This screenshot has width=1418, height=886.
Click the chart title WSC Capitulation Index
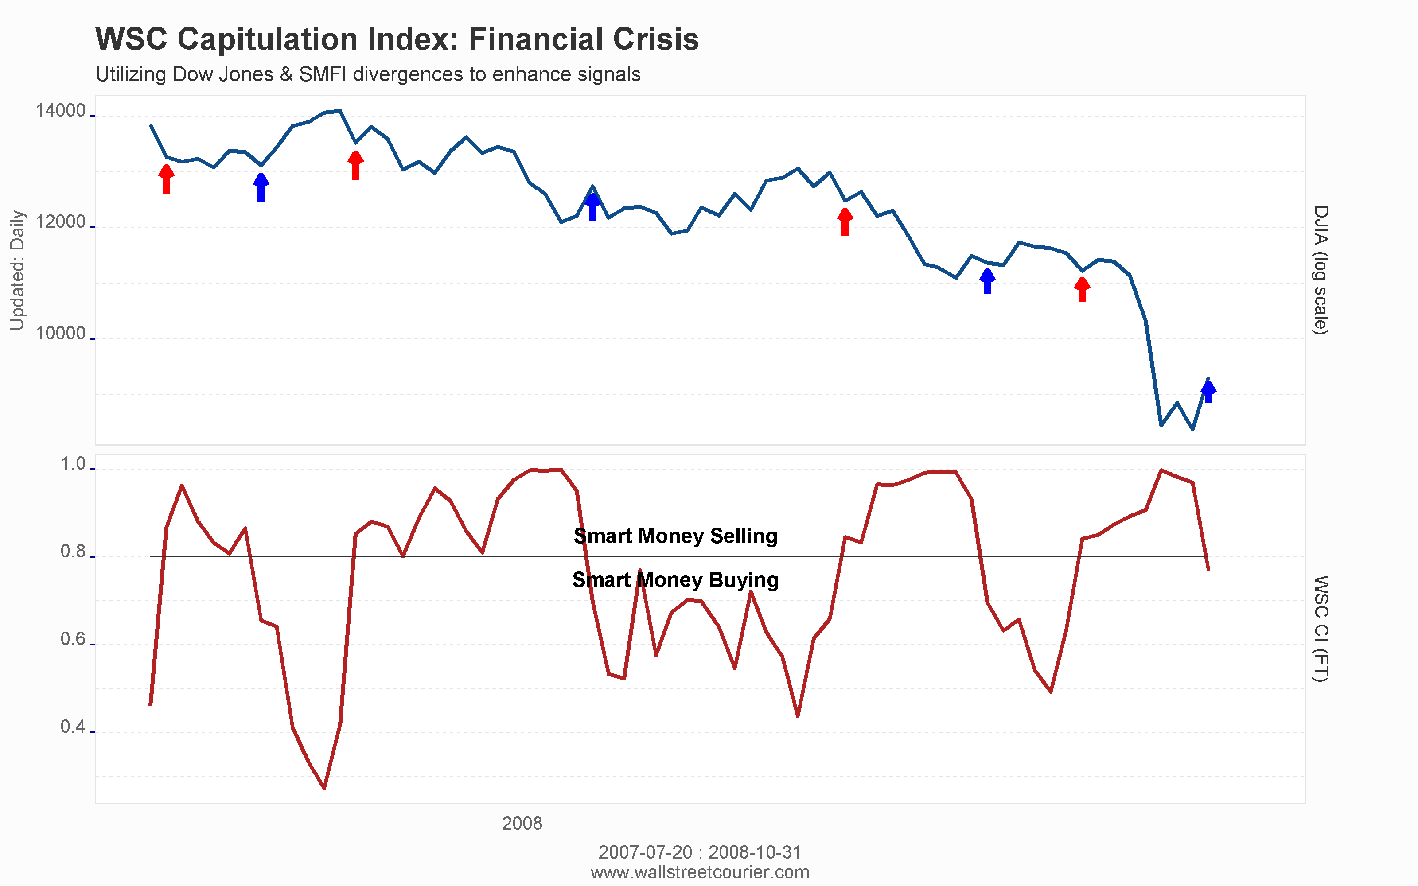[x=397, y=39]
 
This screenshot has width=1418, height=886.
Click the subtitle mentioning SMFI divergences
[x=367, y=74]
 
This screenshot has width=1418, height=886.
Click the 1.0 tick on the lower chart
[x=73, y=464]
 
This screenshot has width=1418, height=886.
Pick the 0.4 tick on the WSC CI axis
[x=73, y=727]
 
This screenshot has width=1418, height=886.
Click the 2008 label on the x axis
[x=522, y=823]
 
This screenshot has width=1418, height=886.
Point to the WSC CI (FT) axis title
[x=1320, y=628]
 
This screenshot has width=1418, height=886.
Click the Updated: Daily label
[x=18, y=270]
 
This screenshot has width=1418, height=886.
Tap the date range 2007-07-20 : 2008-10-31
[x=700, y=851]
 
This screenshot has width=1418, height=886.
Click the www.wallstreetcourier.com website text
[x=700, y=872]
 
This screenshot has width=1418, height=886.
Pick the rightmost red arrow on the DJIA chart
[x=1082, y=289]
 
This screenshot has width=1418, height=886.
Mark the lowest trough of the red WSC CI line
[x=324, y=788]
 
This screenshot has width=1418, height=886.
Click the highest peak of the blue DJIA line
[x=340, y=111]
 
